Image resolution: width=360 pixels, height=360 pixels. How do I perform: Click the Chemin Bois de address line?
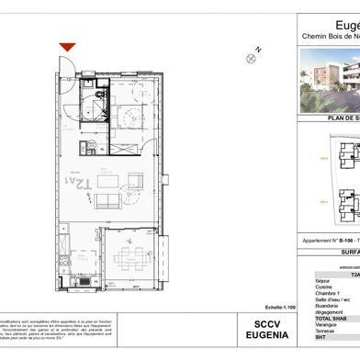(331, 36)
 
